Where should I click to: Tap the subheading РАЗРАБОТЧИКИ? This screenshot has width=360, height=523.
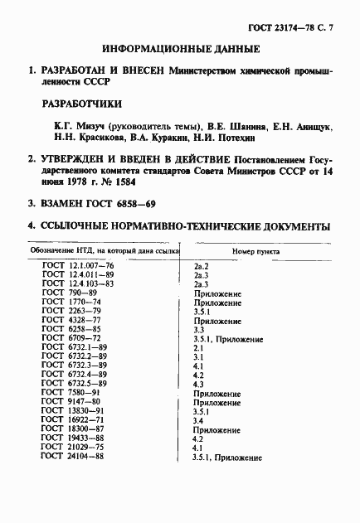click(82, 105)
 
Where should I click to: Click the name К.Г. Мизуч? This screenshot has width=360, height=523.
click(71, 126)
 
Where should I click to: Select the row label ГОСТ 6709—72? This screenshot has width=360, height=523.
click(74, 339)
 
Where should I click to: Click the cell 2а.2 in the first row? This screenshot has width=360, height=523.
click(200, 265)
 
